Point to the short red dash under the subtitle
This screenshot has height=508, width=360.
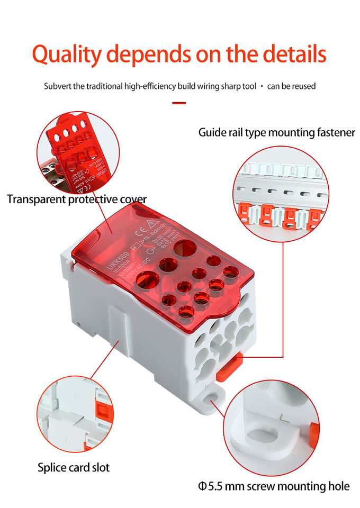click(179, 103)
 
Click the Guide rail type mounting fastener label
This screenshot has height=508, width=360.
click(276, 132)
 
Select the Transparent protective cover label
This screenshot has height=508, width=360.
click(77, 199)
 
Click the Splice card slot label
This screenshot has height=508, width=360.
click(74, 467)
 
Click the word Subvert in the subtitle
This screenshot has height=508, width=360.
click(57, 86)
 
